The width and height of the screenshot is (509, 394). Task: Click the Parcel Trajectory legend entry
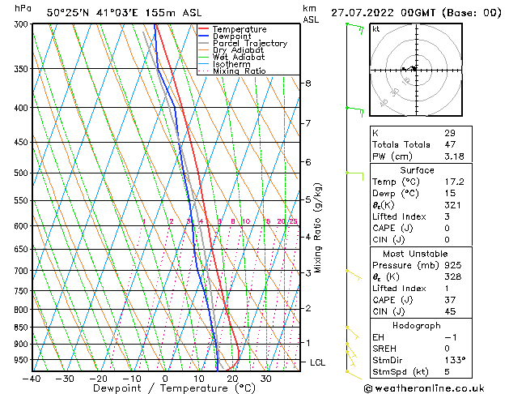pyautogui.click(x=249, y=44)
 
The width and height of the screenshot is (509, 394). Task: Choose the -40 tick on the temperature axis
pyautogui.click(x=32, y=379)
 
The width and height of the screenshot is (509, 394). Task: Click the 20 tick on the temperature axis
pyautogui.click(x=232, y=379)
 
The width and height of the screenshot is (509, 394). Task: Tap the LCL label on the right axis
pyautogui.click(x=318, y=362)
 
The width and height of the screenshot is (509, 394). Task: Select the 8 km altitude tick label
pyautogui.click(x=308, y=84)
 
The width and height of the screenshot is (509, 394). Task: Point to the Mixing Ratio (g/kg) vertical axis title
pyautogui.click(x=318, y=228)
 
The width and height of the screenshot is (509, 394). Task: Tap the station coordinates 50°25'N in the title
pyautogui.click(x=68, y=13)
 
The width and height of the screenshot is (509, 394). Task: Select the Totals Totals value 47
pyautogui.click(x=449, y=144)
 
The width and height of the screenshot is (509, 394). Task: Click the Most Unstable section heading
pyautogui.click(x=416, y=254)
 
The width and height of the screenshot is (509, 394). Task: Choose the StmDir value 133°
pyautogui.click(x=455, y=360)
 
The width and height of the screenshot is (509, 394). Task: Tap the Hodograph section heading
pyautogui.click(x=416, y=325)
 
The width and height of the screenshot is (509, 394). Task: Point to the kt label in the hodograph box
pyautogui.click(x=375, y=29)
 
